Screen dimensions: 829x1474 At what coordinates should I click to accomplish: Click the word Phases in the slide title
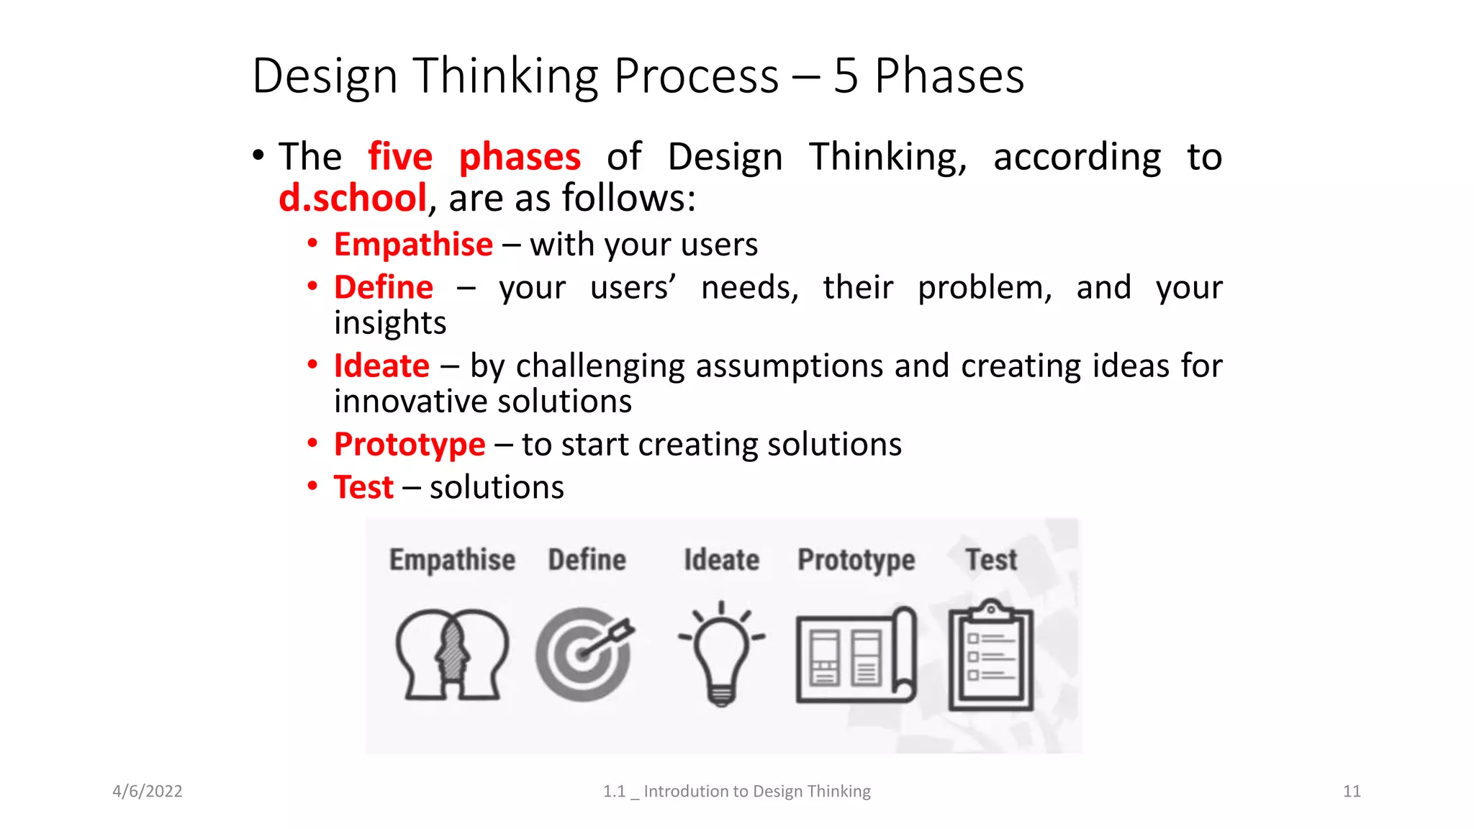point(949,76)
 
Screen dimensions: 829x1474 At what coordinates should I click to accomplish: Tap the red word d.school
point(353,198)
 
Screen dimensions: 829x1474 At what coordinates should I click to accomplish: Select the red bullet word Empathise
point(413,245)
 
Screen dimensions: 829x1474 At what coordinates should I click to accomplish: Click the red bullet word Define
point(384,287)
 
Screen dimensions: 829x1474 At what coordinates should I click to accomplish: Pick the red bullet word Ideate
point(381,366)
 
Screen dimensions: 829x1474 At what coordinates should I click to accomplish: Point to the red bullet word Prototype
point(410,444)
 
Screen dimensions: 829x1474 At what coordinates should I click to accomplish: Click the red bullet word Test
point(363,487)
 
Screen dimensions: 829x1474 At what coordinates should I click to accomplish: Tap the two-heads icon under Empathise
point(452,654)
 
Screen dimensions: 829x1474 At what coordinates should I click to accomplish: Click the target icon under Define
point(584,653)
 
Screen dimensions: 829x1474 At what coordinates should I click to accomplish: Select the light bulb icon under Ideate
point(721,653)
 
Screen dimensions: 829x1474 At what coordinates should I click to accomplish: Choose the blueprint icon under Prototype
point(856,656)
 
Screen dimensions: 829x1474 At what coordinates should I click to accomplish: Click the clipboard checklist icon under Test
point(991,656)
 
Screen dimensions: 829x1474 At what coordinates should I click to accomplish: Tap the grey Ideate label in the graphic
point(721,560)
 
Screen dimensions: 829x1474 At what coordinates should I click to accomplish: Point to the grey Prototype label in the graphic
point(856,560)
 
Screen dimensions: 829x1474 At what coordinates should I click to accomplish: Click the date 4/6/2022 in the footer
point(148,792)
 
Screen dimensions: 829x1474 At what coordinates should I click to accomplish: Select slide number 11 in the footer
point(1352,792)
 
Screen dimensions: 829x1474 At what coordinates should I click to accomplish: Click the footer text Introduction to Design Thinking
point(756,792)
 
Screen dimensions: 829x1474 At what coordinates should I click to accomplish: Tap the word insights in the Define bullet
point(389,323)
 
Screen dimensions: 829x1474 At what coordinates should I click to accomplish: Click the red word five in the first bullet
point(400,157)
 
